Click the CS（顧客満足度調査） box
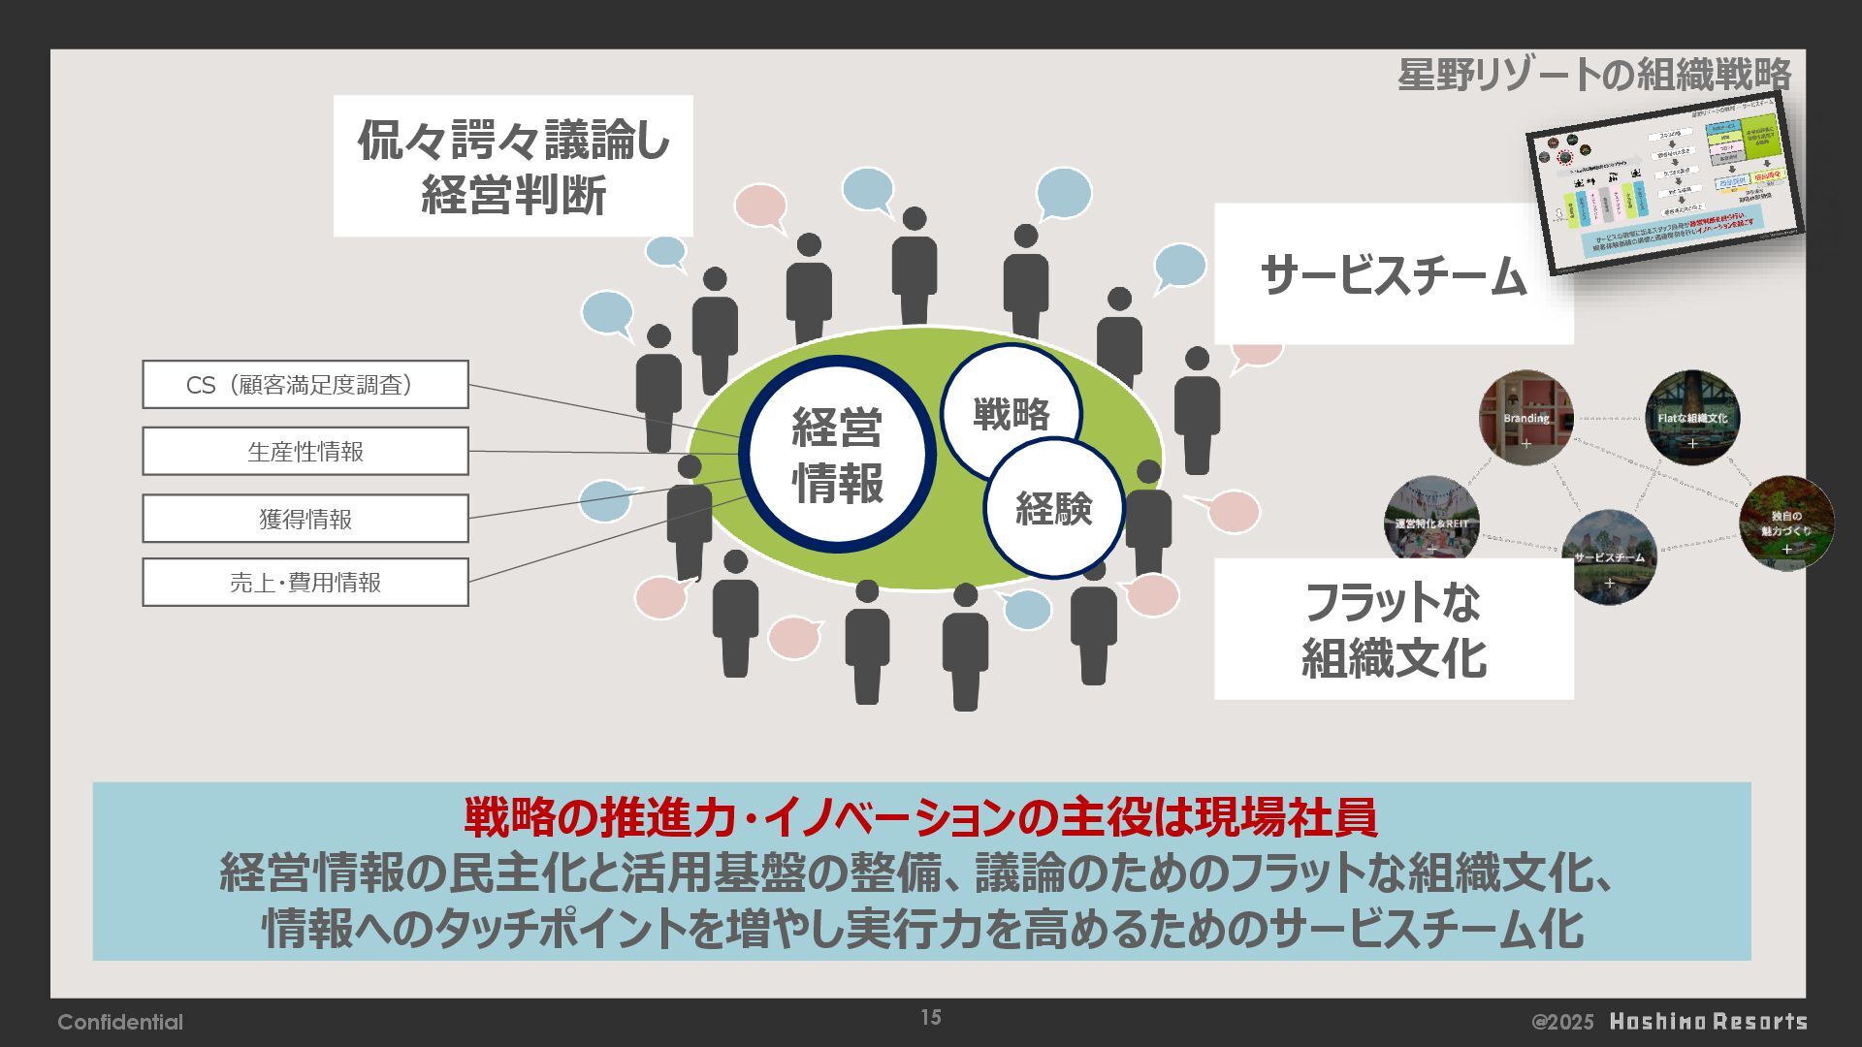pos(305,385)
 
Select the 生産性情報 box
pos(305,452)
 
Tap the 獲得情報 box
pos(305,519)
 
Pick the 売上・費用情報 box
pos(305,583)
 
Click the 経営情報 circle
pos(837,455)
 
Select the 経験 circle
pos(1054,508)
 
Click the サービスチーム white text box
pos(1393,275)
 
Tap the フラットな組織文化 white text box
pos(1393,629)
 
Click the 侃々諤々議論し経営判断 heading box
pos(513,166)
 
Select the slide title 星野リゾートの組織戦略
pos(1593,75)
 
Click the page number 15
pos(931,1017)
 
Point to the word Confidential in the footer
pos(120,1022)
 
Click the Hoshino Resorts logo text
pos(1708,1022)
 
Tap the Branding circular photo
pos(1525,418)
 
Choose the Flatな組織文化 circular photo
pos(1692,418)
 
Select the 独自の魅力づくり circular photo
pos(1786,523)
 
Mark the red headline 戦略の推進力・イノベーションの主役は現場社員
pos(920,818)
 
